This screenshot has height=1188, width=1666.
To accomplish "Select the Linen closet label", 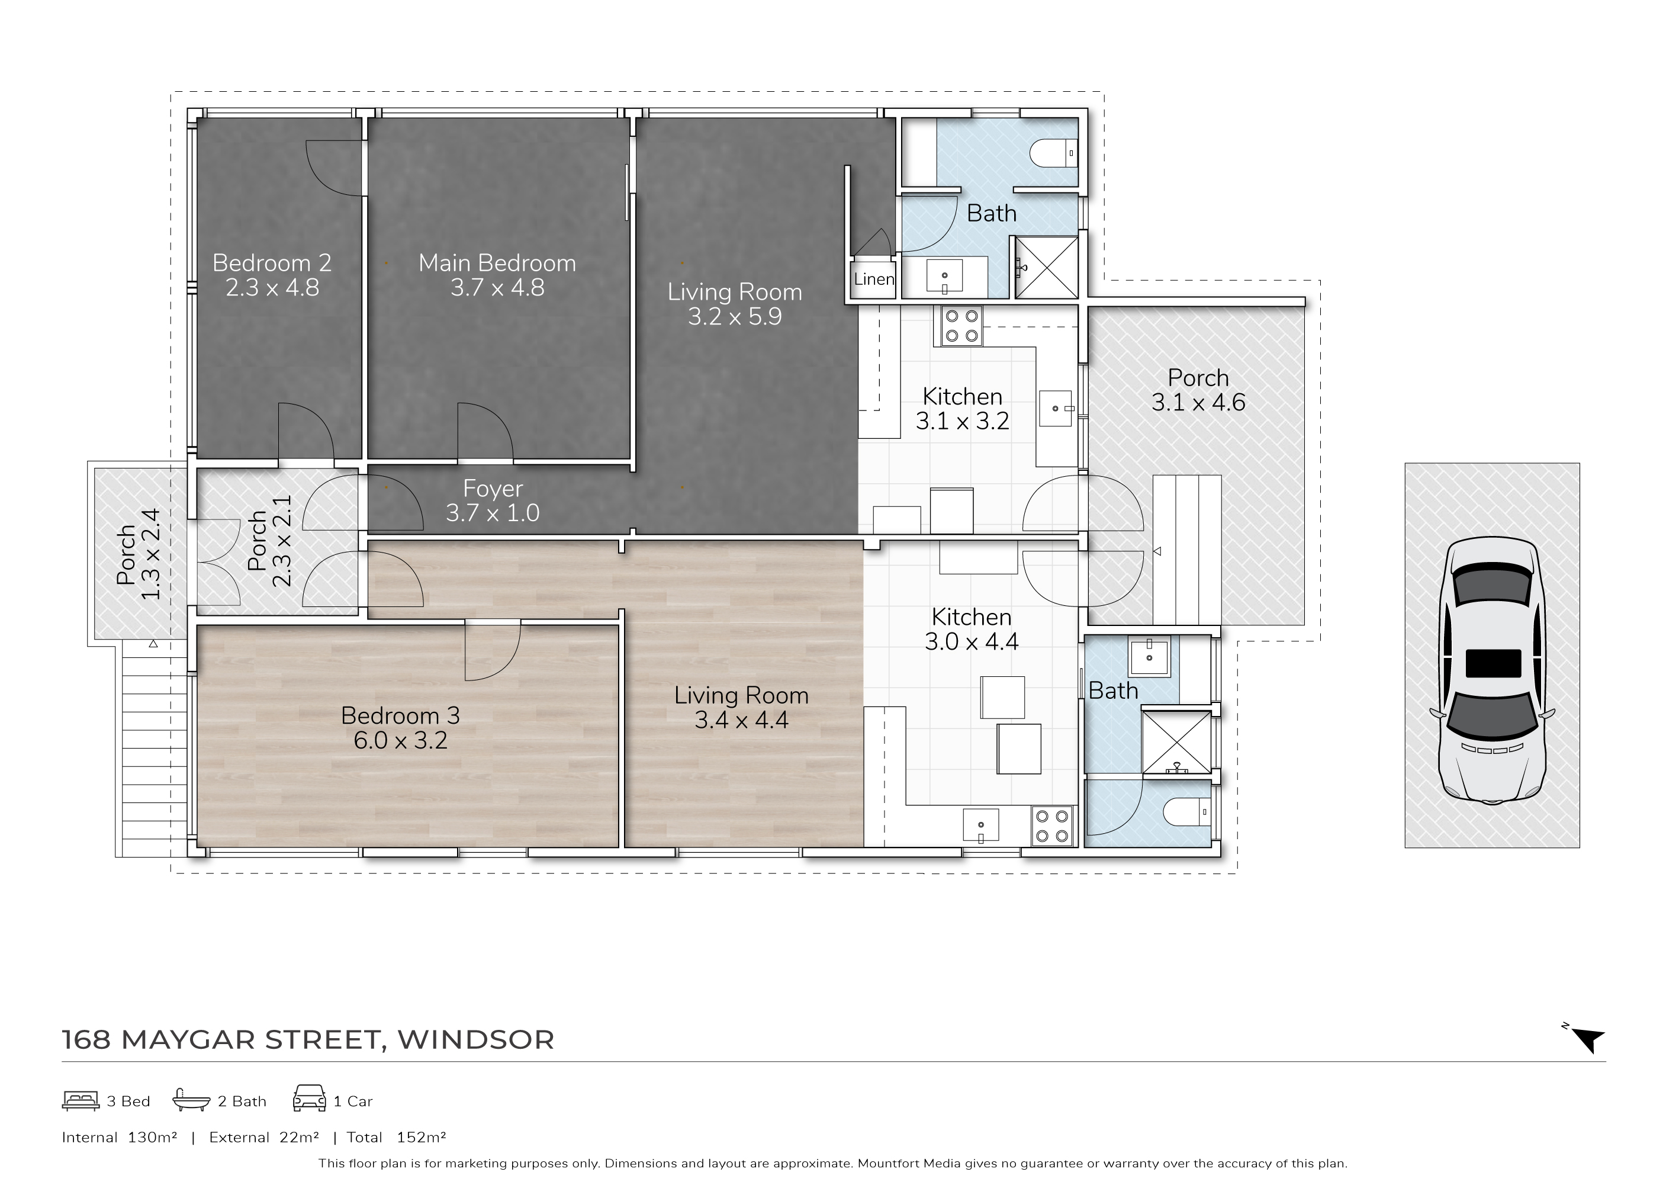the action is pyautogui.click(x=874, y=279).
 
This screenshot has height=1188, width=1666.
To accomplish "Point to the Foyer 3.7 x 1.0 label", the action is pyautogui.click(x=493, y=500).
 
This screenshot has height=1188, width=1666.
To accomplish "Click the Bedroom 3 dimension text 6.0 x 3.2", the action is pyautogui.click(x=400, y=740).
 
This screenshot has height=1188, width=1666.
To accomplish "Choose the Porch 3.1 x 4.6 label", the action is pyautogui.click(x=1198, y=390).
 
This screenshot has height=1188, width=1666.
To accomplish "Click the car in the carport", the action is pyautogui.click(x=1492, y=671).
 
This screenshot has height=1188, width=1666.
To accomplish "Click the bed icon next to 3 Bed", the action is pyautogui.click(x=81, y=1101).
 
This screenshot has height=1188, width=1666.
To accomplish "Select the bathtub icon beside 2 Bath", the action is pyautogui.click(x=191, y=1100).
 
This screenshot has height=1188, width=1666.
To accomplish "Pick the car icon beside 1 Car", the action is pyautogui.click(x=310, y=1099).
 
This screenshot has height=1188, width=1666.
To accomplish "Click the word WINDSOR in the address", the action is pyautogui.click(x=476, y=1039).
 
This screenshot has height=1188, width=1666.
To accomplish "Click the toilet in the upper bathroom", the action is pyautogui.click(x=1053, y=153).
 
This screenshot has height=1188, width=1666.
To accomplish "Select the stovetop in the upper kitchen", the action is pyautogui.click(x=961, y=326).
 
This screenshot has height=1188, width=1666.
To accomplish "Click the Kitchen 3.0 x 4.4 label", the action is pyautogui.click(x=971, y=629).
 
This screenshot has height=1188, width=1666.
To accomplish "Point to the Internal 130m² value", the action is pyautogui.click(x=119, y=1138).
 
